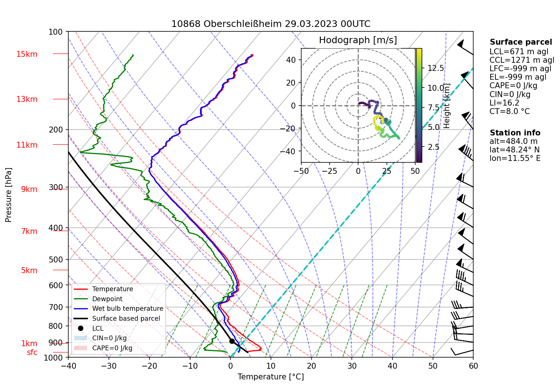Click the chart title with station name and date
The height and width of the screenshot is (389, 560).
[x=271, y=24]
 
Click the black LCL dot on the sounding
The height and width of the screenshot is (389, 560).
[x=232, y=341]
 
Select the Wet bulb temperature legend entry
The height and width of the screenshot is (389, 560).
[x=127, y=309]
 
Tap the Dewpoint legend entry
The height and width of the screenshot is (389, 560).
[x=107, y=299]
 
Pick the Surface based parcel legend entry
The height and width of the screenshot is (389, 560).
[x=126, y=319]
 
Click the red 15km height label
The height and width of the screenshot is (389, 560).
[x=27, y=54]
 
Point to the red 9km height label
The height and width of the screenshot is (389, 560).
[x=29, y=189]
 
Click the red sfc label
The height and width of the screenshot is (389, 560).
[x=32, y=352]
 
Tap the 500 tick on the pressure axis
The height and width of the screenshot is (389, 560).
[x=56, y=259]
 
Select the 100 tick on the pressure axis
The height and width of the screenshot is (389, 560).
[x=56, y=32]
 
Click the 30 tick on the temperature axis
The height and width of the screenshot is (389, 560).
[x=352, y=366]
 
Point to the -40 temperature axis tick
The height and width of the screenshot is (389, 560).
[x=68, y=366]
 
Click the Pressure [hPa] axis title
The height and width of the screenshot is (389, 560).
[x=8, y=195]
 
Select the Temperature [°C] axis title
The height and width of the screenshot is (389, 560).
[x=271, y=377]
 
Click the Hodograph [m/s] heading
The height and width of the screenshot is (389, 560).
[x=358, y=40]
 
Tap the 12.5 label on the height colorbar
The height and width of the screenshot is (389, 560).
[x=436, y=68]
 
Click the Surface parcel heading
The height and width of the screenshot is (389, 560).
[x=521, y=42]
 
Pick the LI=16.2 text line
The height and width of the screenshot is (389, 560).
[x=504, y=103]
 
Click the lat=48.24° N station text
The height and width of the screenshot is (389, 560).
[x=514, y=150]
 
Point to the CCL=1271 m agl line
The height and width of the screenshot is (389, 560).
[x=522, y=60]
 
